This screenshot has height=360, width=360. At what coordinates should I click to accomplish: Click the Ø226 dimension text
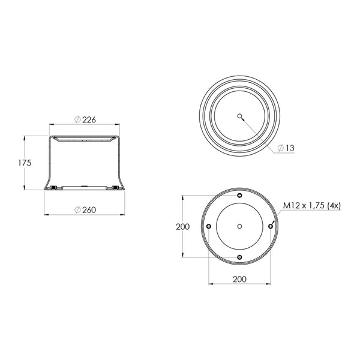pyautogui.click(x=85, y=119)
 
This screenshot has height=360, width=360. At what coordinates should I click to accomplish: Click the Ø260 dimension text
pyautogui.click(x=85, y=209)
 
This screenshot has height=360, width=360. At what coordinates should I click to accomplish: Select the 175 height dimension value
pyautogui.click(x=25, y=163)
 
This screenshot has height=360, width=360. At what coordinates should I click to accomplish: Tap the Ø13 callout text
pyautogui.click(x=286, y=148)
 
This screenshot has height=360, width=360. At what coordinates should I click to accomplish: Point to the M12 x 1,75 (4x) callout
pyautogui.click(x=312, y=205)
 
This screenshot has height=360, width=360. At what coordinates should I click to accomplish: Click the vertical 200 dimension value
pyautogui.click(x=183, y=227)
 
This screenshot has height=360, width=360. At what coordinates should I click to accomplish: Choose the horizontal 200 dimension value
pyautogui.click(x=239, y=279)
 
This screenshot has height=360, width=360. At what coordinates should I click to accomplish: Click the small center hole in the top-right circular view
pyautogui.click(x=239, y=116)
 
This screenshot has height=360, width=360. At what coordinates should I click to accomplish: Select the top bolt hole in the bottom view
pyautogui.click(x=239, y=196)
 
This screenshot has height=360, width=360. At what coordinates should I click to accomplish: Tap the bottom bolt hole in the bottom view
pyautogui.click(x=239, y=257)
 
